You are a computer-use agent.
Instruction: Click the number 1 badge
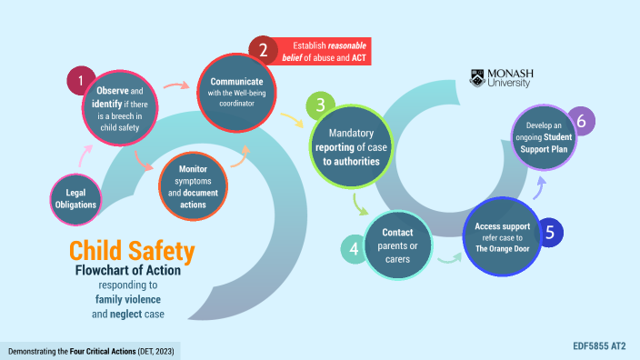81,81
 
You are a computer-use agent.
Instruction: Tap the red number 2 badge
263,50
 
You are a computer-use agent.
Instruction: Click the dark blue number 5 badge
548,232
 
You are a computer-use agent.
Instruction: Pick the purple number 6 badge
581,121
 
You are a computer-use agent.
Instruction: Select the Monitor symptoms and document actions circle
193,187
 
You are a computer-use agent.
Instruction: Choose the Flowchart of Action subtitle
135,271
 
